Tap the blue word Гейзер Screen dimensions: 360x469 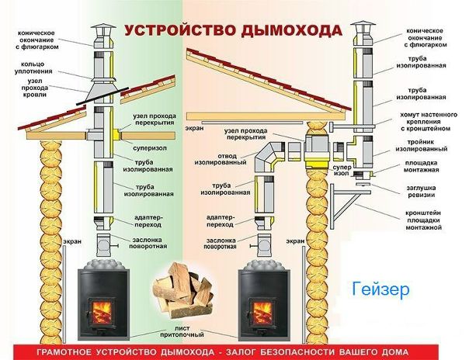[380, 291]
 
